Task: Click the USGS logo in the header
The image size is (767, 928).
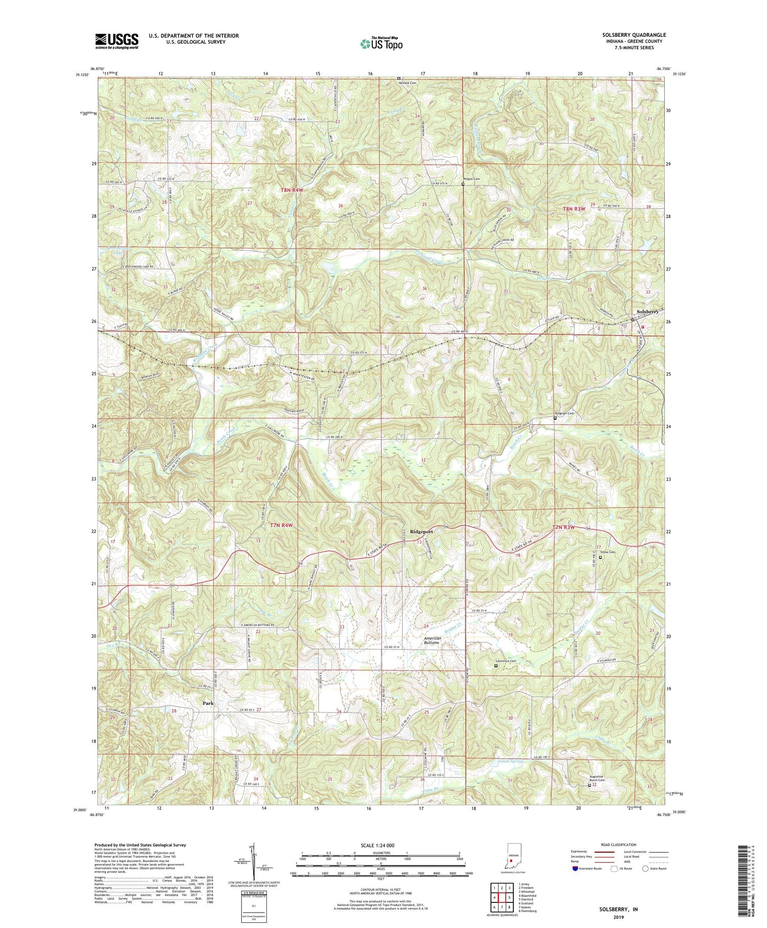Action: coord(117,40)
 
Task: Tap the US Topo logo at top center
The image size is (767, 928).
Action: coord(381,44)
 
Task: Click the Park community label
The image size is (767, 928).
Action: coord(208,703)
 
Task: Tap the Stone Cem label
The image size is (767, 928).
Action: coord(608,552)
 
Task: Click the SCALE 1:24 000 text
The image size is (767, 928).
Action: coord(375,845)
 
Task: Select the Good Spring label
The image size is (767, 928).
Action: coord(511,762)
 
